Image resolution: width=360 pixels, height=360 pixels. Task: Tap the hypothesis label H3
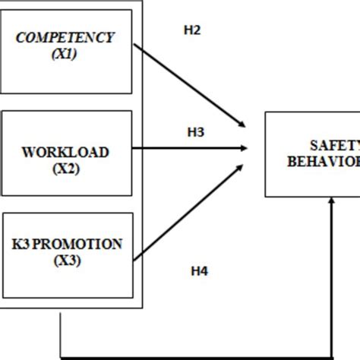(x=195, y=132)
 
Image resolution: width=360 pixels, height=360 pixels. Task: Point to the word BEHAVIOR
(x=325, y=161)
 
